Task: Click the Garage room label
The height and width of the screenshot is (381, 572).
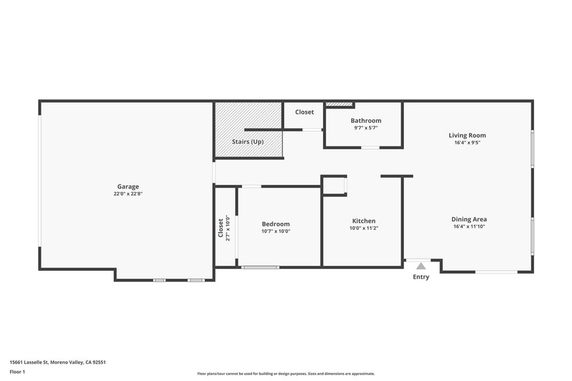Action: pos(128,187)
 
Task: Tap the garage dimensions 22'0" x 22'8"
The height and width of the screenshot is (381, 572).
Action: pos(128,194)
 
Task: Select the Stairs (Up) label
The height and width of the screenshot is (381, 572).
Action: pos(247,141)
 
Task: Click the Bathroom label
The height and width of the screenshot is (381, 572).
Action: pos(366,121)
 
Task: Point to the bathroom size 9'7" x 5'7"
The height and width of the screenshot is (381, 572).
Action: pos(366,128)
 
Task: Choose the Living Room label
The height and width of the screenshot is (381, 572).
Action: pos(468,135)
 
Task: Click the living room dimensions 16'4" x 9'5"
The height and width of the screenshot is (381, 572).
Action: pos(468,142)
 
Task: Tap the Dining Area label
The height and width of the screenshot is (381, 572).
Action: pos(469,220)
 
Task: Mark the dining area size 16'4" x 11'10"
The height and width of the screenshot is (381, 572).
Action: pos(469,226)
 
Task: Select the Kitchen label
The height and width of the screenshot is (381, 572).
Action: pos(364,221)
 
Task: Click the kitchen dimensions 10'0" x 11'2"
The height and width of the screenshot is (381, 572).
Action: pos(364,228)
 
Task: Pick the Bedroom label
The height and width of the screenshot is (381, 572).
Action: pos(276,224)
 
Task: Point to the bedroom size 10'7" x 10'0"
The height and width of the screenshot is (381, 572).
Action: pos(276,231)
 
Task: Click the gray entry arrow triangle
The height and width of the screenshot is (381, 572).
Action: pos(421,266)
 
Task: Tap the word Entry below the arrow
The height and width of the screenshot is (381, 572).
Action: pos(421,277)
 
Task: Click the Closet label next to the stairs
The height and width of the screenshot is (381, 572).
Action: pos(304,112)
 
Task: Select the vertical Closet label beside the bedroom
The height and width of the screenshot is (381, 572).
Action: pos(221,228)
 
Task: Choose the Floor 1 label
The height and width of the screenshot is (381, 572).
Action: pos(17,372)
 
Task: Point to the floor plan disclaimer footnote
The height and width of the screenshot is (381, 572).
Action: pos(286,374)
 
